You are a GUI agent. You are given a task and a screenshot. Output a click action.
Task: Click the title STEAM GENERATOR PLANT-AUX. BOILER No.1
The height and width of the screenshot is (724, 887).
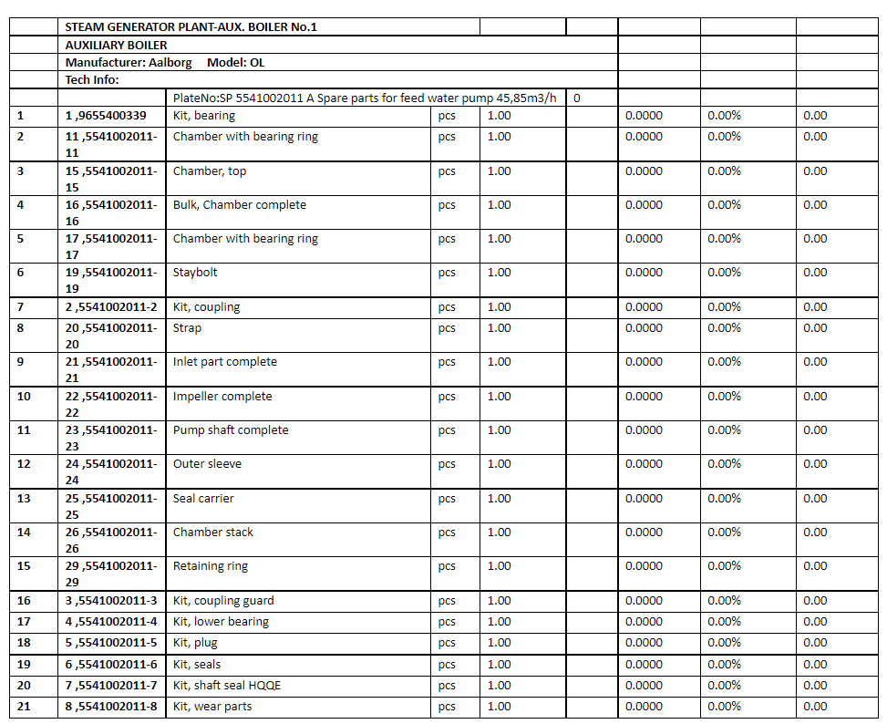(x=191, y=26)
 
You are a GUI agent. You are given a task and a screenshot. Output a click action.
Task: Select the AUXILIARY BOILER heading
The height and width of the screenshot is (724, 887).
(x=116, y=45)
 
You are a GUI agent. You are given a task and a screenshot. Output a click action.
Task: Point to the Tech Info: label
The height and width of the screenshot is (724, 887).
(x=92, y=80)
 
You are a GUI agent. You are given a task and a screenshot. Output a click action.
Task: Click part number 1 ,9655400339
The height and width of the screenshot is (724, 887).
(x=105, y=116)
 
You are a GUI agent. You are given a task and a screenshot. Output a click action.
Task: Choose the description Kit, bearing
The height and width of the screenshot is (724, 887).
(x=203, y=116)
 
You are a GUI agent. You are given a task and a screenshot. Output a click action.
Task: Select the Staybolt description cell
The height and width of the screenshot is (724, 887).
(x=195, y=273)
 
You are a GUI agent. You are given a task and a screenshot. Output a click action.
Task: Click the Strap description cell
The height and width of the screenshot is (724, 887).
(x=187, y=328)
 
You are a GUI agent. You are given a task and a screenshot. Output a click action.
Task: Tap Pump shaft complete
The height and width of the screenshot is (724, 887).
(x=231, y=430)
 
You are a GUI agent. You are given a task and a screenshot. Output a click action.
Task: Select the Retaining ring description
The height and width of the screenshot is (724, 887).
(x=211, y=566)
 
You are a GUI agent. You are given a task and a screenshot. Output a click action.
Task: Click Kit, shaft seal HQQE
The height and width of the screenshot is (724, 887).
(x=221, y=686)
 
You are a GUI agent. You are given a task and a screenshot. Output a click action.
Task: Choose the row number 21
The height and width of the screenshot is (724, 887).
(x=24, y=707)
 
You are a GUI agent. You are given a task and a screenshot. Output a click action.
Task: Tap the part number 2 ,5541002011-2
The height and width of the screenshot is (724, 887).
(x=110, y=307)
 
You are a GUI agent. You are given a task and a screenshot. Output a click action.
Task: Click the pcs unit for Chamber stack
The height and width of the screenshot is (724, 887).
(x=446, y=533)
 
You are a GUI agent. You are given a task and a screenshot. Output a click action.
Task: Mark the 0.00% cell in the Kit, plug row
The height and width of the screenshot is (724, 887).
(x=724, y=643)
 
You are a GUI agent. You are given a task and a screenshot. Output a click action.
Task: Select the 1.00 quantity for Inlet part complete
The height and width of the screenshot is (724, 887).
(x=499, y=362)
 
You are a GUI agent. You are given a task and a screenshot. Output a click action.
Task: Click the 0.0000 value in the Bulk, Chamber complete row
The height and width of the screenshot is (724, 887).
(x=644, y=205)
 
